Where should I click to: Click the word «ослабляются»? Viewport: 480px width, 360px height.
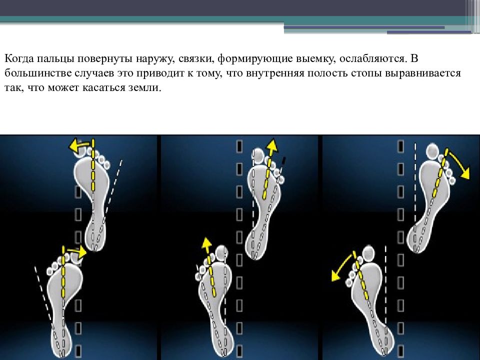(x=373, y=58)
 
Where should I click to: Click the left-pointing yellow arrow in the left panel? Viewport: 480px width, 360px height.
(x=79, y=145)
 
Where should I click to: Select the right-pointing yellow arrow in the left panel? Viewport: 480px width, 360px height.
(x=77, y=251)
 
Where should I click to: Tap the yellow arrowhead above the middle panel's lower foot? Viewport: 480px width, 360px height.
(x=206, y=243)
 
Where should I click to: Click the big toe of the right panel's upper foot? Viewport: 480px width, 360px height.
(x=432, y=151)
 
